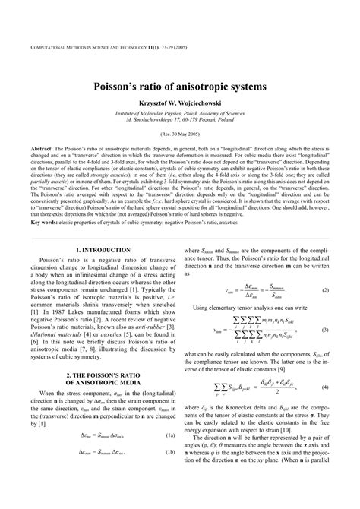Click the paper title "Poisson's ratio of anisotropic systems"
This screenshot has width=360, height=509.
click(180, 87)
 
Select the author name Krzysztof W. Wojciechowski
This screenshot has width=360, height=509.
click(180, 104)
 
